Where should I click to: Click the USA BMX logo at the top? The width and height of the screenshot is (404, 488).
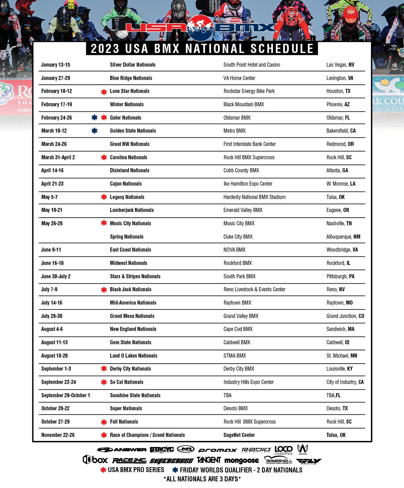[202, 28]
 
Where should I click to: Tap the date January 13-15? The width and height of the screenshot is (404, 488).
[55, 65]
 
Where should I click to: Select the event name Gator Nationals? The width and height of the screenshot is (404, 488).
[125, 118]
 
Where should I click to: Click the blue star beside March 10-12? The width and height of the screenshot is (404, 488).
[94, 131]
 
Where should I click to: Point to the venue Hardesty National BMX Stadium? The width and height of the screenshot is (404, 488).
[254, 197]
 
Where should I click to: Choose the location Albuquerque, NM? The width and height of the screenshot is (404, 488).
[343, 237]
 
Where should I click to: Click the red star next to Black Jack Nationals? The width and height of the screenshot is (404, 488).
[104, 290]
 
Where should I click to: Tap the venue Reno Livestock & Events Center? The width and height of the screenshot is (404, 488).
[254, 289]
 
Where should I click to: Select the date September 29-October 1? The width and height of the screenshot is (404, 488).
[66, 395]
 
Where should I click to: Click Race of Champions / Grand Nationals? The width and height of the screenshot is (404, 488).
[147, 435]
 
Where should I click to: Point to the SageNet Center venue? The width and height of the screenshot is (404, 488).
[239, 435]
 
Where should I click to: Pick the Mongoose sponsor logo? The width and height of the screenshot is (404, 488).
[241, 460]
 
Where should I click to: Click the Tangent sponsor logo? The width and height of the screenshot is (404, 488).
[208, 460]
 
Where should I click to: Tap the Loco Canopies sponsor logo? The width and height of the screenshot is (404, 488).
[283, 450]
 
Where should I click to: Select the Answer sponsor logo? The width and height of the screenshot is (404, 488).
[122, 450]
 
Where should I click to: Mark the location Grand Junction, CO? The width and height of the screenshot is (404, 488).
[345, 316]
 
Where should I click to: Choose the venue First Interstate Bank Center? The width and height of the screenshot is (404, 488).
[249, 144]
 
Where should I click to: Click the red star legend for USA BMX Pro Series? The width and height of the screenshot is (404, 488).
[103, 470]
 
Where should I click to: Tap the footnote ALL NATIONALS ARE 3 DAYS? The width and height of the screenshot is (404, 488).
[202, 479]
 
